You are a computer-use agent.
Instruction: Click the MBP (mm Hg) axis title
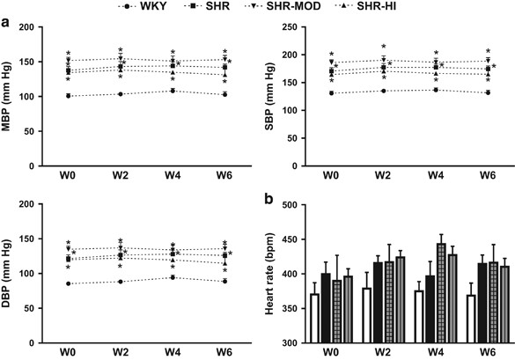(x=11, y=97)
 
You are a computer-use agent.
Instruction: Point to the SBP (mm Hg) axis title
(x=272, y=97)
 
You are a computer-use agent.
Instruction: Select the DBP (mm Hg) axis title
(x=11, y=273)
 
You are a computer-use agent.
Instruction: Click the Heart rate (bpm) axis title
(x=272, y=273)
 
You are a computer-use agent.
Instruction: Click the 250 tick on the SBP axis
(x=299, y=29)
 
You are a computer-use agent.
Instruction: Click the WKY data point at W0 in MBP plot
(x=70, y=96)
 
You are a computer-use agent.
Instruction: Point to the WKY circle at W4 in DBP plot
(x=173, y=277)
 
